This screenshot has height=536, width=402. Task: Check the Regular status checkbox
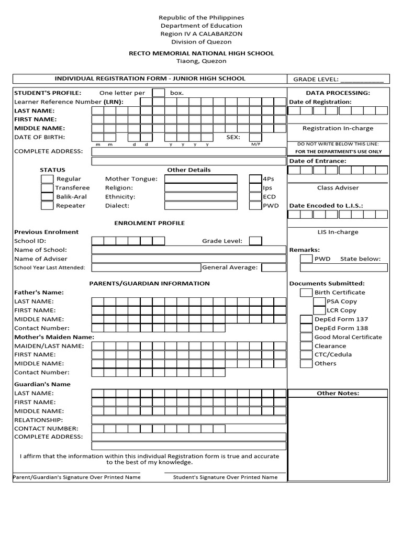[47, 179]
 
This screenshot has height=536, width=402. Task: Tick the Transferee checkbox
[47, 188]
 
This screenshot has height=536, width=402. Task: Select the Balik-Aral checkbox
[47, 197]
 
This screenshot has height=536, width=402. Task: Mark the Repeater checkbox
[47, 206]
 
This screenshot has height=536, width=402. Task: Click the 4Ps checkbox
[255, 179]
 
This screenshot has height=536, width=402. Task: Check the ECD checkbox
[255, 197]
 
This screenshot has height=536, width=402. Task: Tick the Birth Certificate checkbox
[306, 293]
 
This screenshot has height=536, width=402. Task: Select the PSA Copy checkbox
[319, 301]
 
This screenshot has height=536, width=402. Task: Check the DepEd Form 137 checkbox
[306, 319]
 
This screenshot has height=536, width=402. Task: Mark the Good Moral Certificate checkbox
[306, 337]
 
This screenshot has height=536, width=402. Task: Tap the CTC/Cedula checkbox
[306, 355]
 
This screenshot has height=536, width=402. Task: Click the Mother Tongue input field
[200, 179]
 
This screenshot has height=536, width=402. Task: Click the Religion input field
[200, 188]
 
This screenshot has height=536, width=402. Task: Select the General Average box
[273, 267]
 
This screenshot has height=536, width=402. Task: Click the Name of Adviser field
[189, 259]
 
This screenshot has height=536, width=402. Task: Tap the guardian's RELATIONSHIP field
[189, 420]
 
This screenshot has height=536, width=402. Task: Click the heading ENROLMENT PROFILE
[150, 223]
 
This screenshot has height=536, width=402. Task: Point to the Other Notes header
[338, 393]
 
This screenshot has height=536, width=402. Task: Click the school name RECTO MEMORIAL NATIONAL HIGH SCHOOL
[202, 53]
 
